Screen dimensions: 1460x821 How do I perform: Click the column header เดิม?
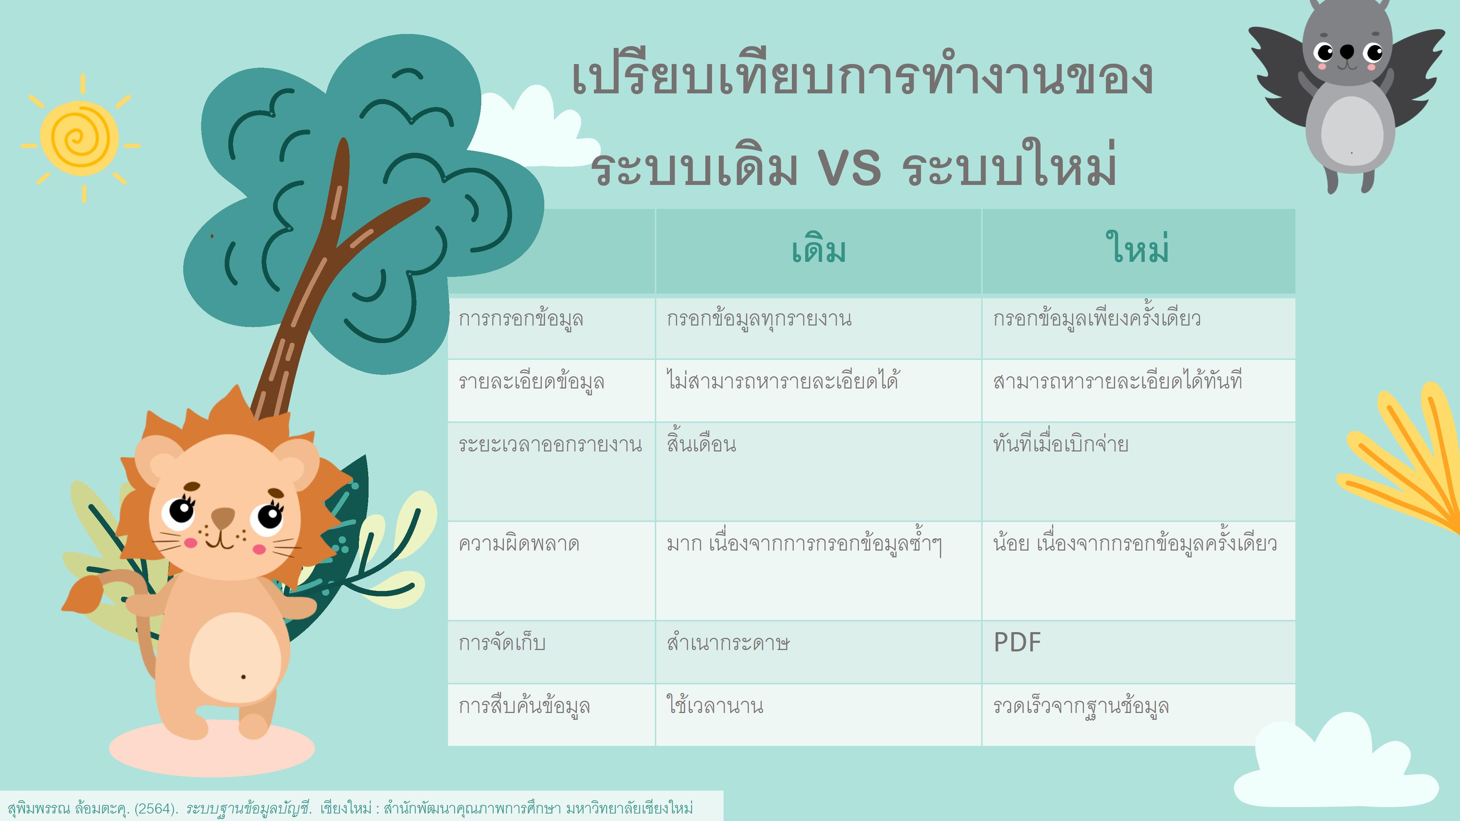[818, 250]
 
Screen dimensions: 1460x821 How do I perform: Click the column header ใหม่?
[1138, 248]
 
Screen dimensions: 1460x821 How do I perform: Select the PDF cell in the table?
[1017, 642]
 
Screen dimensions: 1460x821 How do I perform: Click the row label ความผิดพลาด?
[519, 544]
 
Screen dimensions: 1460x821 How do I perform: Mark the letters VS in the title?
[849, 168]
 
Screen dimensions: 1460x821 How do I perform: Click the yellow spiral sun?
[80, 138]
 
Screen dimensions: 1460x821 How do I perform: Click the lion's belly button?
[243, 676]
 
